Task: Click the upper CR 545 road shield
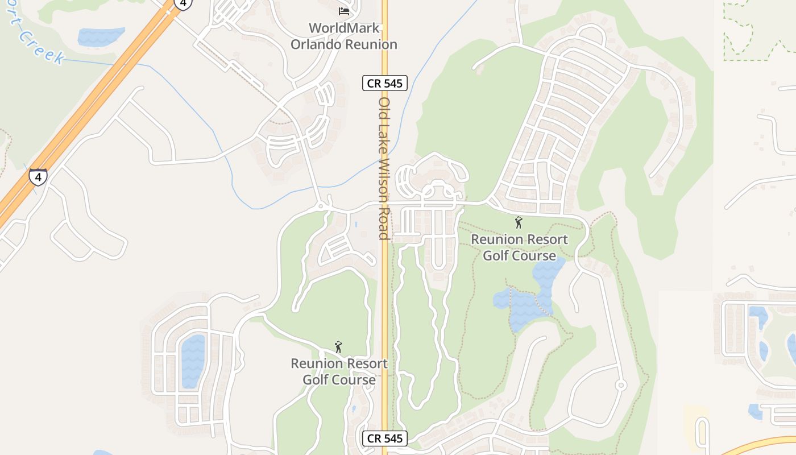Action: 384,83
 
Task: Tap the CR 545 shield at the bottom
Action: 384,439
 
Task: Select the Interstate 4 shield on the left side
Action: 38,177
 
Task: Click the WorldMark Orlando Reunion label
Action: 344,36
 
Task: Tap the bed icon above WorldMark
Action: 343,11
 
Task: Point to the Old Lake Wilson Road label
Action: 384,168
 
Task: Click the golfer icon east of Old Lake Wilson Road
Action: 518,222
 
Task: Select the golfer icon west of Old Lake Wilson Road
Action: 339,346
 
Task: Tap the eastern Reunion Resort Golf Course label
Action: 519,247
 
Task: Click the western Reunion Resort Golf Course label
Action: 339,371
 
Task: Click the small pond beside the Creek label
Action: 101,36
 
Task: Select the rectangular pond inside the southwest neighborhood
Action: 192,361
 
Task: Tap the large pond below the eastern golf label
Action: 526,301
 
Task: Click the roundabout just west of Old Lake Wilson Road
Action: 321,205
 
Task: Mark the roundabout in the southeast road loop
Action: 621,385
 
